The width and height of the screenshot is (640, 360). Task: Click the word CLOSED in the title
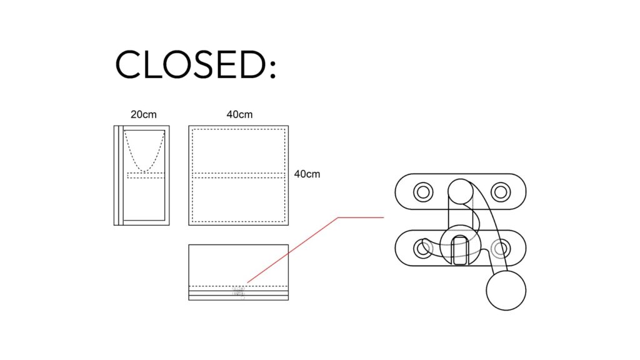point(187,64)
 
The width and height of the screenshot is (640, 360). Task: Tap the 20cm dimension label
point(144,114)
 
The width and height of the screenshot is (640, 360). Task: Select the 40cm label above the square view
point(239,114)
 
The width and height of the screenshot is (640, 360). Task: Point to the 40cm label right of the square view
point(307,174)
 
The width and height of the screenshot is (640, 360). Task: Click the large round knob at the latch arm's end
point(506,291)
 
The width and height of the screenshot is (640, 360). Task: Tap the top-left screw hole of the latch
point(423,191)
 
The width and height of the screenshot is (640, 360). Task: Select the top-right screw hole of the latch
point(501,191)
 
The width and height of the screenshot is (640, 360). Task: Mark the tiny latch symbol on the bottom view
point(238,292)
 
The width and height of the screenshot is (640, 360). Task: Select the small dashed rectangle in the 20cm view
point(146,175)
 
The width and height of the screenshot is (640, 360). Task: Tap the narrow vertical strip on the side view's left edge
point(117,175)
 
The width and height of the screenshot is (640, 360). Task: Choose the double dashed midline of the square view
point(238,175)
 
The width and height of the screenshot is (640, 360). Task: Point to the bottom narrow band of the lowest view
point(238,297)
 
